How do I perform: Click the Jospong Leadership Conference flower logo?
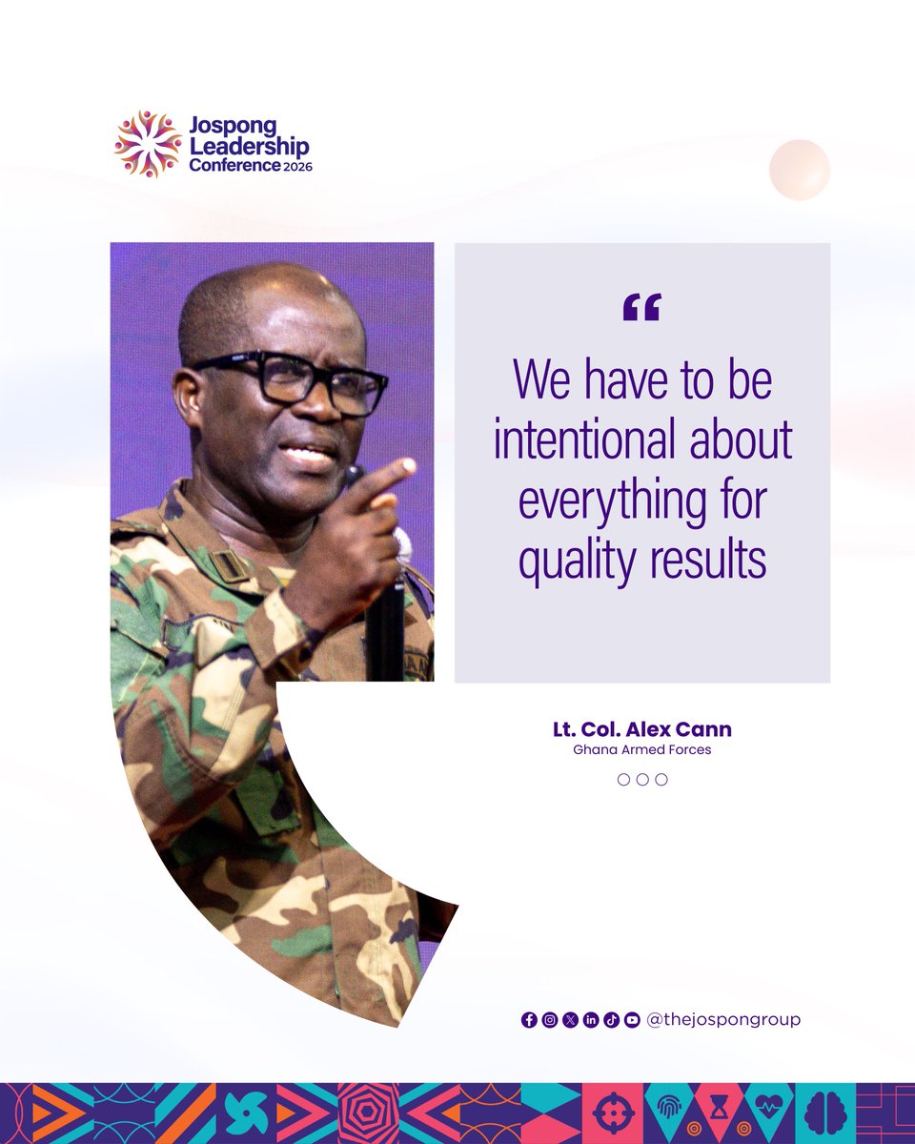coord(148,144)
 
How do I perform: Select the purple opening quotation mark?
coord(641,307)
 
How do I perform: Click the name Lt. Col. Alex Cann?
coord(641,730)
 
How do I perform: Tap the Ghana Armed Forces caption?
coord(641,750)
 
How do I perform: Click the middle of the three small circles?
coord(642,779)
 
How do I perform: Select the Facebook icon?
coord(529,1020)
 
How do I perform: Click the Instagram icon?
coord(550,1020)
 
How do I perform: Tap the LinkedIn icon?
coord(591,1020)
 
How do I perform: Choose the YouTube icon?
coord(632,1020)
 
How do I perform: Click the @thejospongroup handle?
coord(723,1019)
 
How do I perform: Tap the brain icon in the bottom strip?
coord(824,1113)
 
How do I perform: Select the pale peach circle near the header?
coord(800,170)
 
